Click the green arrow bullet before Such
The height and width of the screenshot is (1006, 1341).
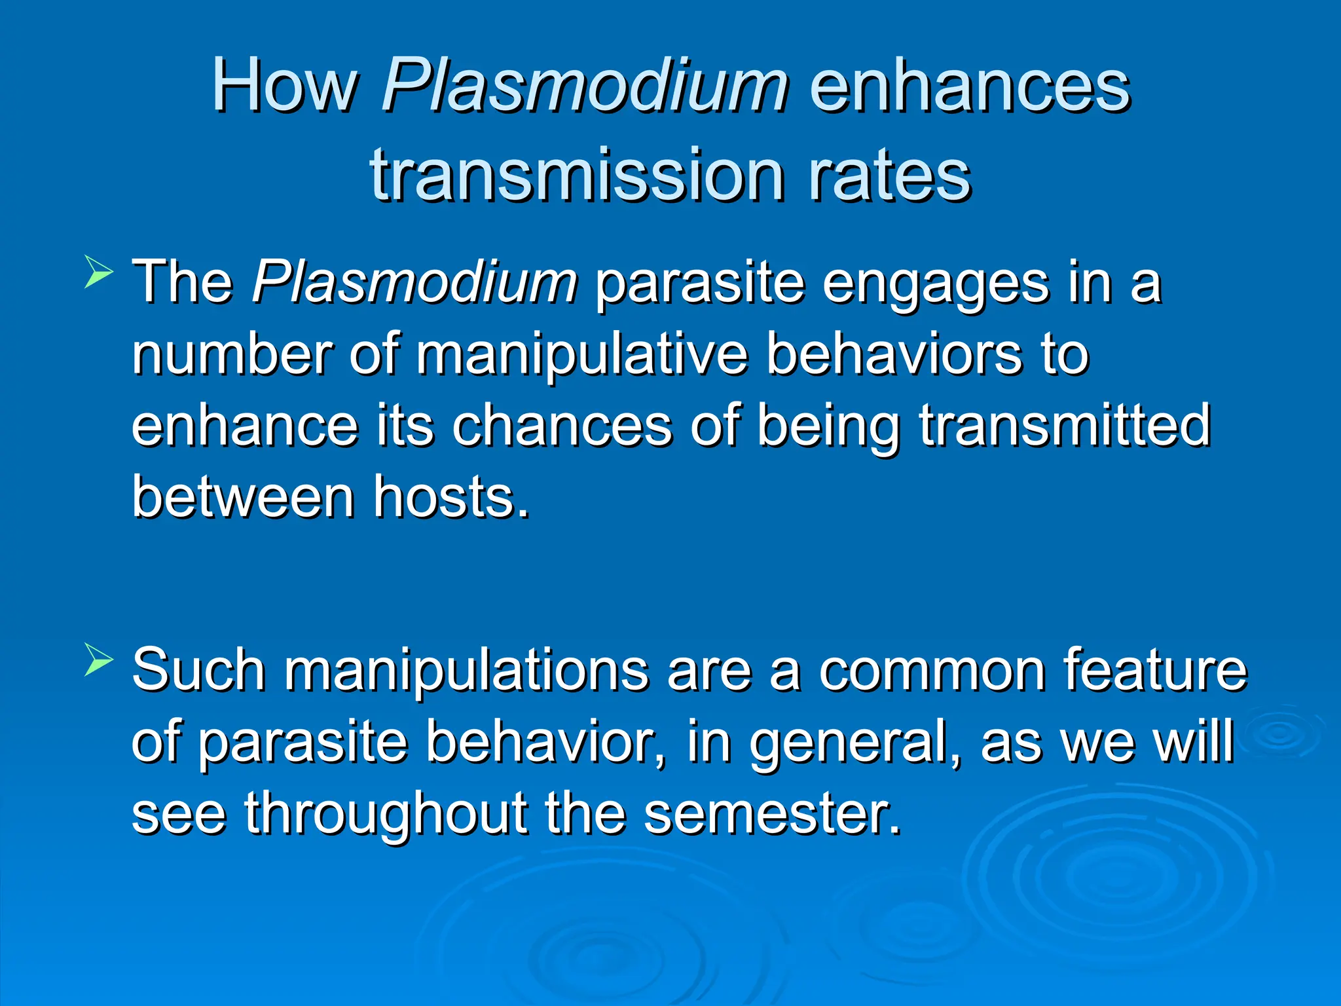(99, 661)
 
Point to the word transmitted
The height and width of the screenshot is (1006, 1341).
(1065, 426)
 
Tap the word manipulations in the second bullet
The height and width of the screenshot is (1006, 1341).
(466, 671)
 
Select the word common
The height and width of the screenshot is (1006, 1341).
(932, 671)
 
